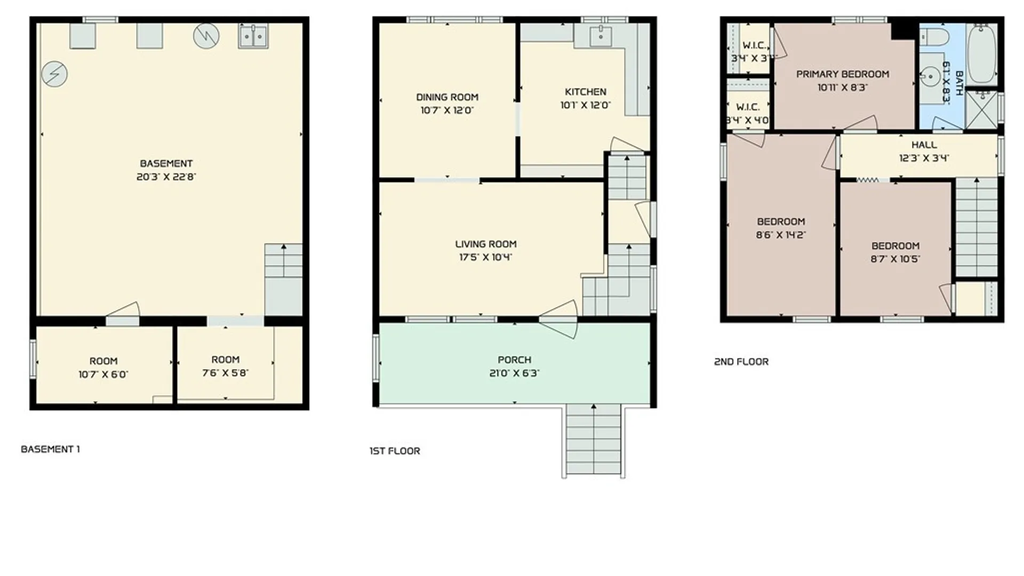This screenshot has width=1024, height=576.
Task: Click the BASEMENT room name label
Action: pos(166,164)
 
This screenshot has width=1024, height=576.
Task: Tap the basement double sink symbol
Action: pos(253,36)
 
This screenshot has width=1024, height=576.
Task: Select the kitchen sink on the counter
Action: pos(601,36)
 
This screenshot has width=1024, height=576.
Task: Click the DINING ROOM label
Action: pos(447,97)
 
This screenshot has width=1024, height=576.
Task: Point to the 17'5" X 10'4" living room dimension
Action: pos(485,258)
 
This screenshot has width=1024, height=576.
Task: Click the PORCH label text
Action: pos(514,360)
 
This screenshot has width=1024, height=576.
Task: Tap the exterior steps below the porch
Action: pos(593,440)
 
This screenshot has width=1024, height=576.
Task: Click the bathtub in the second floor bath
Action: pos(982,53)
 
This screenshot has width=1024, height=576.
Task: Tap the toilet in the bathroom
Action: pos(935,37)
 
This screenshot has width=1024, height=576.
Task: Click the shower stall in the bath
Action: pos(981,109)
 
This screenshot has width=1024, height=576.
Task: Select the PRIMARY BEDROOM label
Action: pos(842,74)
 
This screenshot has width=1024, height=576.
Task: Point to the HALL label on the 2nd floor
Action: pos(924,145)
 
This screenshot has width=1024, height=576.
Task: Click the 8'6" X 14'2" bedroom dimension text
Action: pos(781,235)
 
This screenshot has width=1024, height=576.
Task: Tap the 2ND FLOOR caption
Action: pos(741,362)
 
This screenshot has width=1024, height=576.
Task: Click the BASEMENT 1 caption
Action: pos(50,449)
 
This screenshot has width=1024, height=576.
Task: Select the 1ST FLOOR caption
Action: pos(395,451)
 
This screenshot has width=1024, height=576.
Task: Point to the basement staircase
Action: pos(283,278)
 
